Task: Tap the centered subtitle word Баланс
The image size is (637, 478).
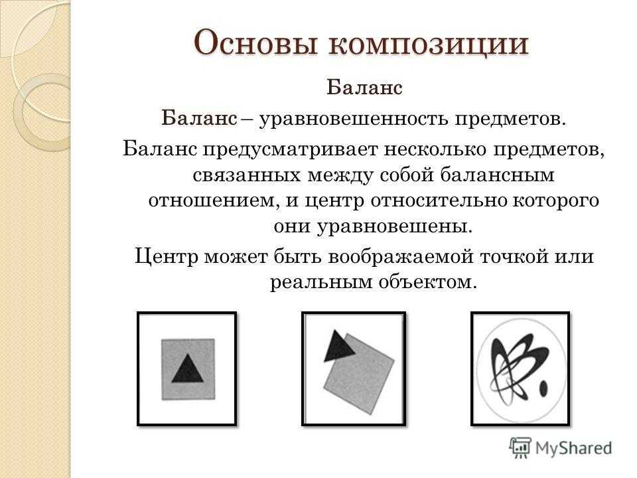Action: click(x=364, y=88)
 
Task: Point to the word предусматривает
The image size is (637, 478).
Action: click(x=290, y=150)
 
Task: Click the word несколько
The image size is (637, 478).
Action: click(x=435, y=149)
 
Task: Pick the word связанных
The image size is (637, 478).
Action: click(x=248, y=175)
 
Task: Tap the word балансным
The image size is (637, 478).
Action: click(x=497, y=175)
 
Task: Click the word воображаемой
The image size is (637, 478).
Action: click(x=401, y=256)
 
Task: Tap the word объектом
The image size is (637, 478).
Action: click(x=427, y=281)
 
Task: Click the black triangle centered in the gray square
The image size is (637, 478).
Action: click(x=187, y=368)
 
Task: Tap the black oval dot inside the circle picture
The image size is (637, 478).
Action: click(x=543, y=388)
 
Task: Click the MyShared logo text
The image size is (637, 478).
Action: click(x=573, y=448)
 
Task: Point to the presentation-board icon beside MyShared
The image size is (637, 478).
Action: click(x=520, y=447)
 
